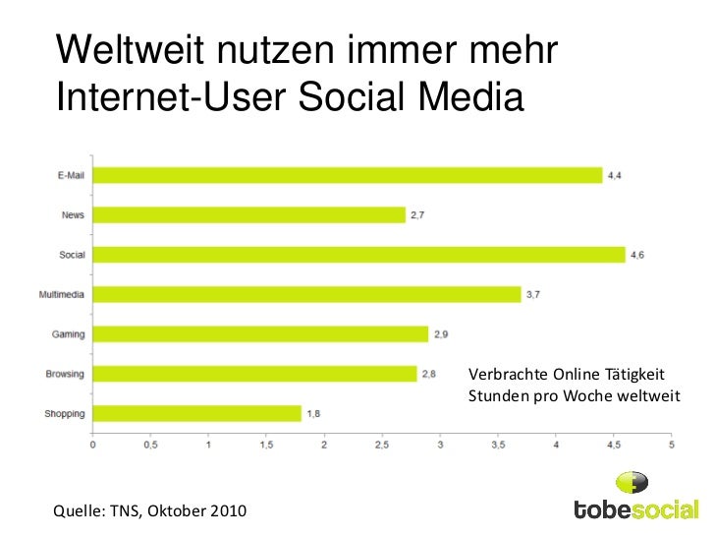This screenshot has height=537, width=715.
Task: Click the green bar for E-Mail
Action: [x=348, y=175]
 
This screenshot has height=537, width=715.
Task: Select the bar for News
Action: [x=249, y=214]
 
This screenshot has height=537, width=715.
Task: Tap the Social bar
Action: [x=359, y=255]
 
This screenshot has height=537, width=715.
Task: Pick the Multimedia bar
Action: [x=307, y=294]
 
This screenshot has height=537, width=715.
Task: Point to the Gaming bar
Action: [x=261, y=334]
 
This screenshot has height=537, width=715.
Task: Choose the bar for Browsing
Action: [x=255, y=374]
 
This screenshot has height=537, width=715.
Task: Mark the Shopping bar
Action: [x=197, y=414]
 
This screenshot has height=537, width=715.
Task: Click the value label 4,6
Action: [x=636, y=255]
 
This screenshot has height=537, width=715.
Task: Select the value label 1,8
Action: [x=313, y=414]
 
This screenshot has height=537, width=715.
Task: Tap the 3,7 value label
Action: [x=533, y=294]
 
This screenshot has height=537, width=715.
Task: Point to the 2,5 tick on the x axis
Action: [x=382, y=446]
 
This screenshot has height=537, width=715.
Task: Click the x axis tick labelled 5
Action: [x=672, y=446]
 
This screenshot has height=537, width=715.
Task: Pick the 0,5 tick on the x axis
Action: [x=150, y=446]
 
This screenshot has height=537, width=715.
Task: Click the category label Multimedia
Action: [x=61, y=294]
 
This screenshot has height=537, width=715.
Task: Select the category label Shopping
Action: [x=65, y=414]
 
